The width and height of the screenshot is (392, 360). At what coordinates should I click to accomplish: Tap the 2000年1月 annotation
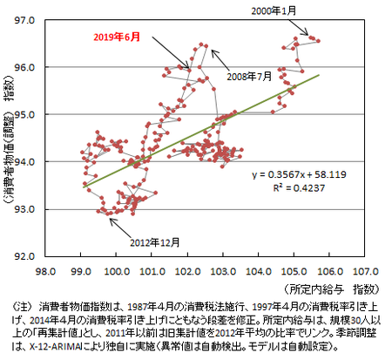point(274,10)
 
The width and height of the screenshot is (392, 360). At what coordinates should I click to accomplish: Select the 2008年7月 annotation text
point(250,76)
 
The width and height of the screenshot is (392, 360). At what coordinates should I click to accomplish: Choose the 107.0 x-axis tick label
point(367,270)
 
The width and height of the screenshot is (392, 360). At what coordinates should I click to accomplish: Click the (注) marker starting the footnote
point(20,307)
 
